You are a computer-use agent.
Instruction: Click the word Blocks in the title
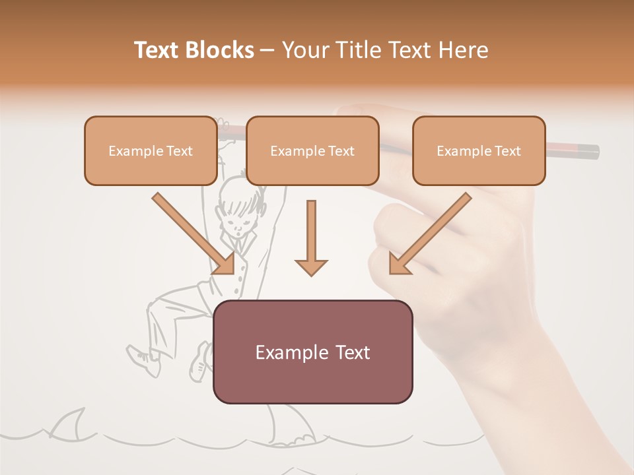click(x=217, y=50)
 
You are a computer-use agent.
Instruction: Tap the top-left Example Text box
click(x=151, y=150)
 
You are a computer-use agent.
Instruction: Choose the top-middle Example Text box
click(x=312, y=150)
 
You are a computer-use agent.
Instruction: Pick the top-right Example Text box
click(x=479, y=150)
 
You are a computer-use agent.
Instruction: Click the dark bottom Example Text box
click(x=312, y=352)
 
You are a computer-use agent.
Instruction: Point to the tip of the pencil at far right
click(x=596, y=152)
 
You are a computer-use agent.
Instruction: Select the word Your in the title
click(x=305, y=50)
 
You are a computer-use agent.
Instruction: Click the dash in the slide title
click(x=268, y=50)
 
